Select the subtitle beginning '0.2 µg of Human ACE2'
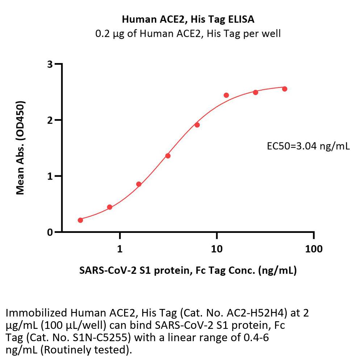pos(188,34)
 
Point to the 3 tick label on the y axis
pos(50,64)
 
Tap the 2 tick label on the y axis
pos(50,120)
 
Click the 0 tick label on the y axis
pos(50,232)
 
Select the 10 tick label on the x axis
pos(216,249)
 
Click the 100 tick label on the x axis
pos(313,249)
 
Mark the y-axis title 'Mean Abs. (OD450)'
pos(21,148)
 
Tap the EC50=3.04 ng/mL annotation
pos(308,146)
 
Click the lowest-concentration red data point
pos(80,220)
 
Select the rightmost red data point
pos(285,89)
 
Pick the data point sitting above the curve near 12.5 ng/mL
pos(226,95)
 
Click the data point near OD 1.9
pos(197,125)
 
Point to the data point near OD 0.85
pos(139,184)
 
